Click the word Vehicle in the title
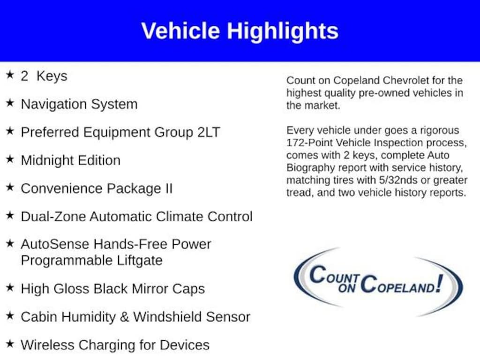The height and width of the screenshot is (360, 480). coord(180,31)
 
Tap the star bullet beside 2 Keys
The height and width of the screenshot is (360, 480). coord(10,75)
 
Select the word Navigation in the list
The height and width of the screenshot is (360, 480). coord(53,105)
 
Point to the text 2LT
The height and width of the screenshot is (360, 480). coord(209,132)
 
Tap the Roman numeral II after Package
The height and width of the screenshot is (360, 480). coord(169,188)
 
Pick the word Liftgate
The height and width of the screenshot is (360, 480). coord(140,261)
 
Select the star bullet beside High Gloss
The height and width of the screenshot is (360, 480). coord(10,287)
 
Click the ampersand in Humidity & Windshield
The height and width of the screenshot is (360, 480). coord(124,317)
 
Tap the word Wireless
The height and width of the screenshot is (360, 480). coord(47,345)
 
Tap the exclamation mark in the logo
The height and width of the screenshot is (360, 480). coord(440,283)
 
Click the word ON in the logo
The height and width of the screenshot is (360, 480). coord(346,288)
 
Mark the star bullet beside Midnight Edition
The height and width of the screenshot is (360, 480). coord(10,159)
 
